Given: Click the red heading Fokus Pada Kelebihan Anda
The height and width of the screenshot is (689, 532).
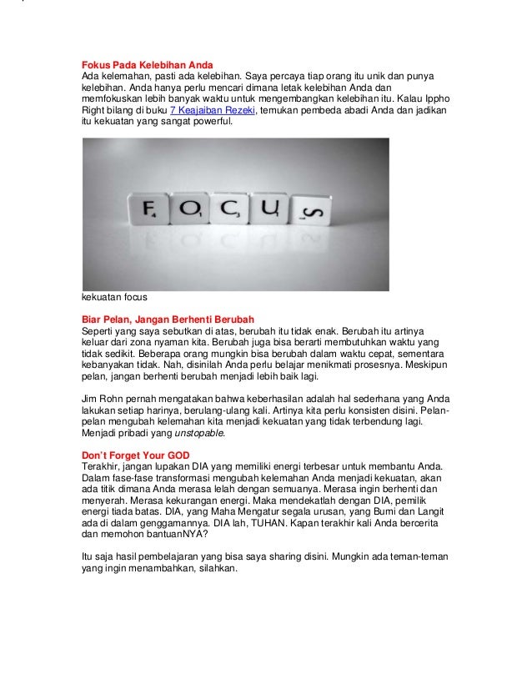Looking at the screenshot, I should (147, 65).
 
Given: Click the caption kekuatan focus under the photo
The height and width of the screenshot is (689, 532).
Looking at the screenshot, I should (114, 298).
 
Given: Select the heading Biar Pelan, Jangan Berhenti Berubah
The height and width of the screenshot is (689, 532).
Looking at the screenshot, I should (167, 319).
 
